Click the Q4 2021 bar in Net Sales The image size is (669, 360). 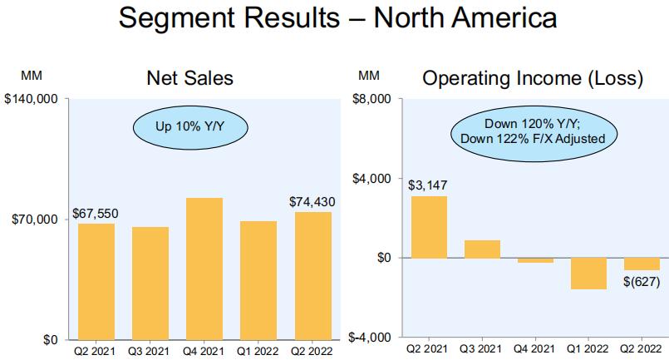click(204, 268)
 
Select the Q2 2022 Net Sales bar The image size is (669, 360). click(313, 275)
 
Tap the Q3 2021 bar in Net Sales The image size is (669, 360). click(150, 283)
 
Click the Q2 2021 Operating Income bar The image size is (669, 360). click(428, 227)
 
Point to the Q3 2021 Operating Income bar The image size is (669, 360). click(482, 249)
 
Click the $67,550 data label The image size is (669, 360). click(96, 214)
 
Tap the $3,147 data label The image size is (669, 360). click(428, 185)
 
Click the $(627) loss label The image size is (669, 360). click(643, 283)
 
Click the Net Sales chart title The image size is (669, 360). click(189, 79)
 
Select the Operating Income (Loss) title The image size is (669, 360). click(532, 79)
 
